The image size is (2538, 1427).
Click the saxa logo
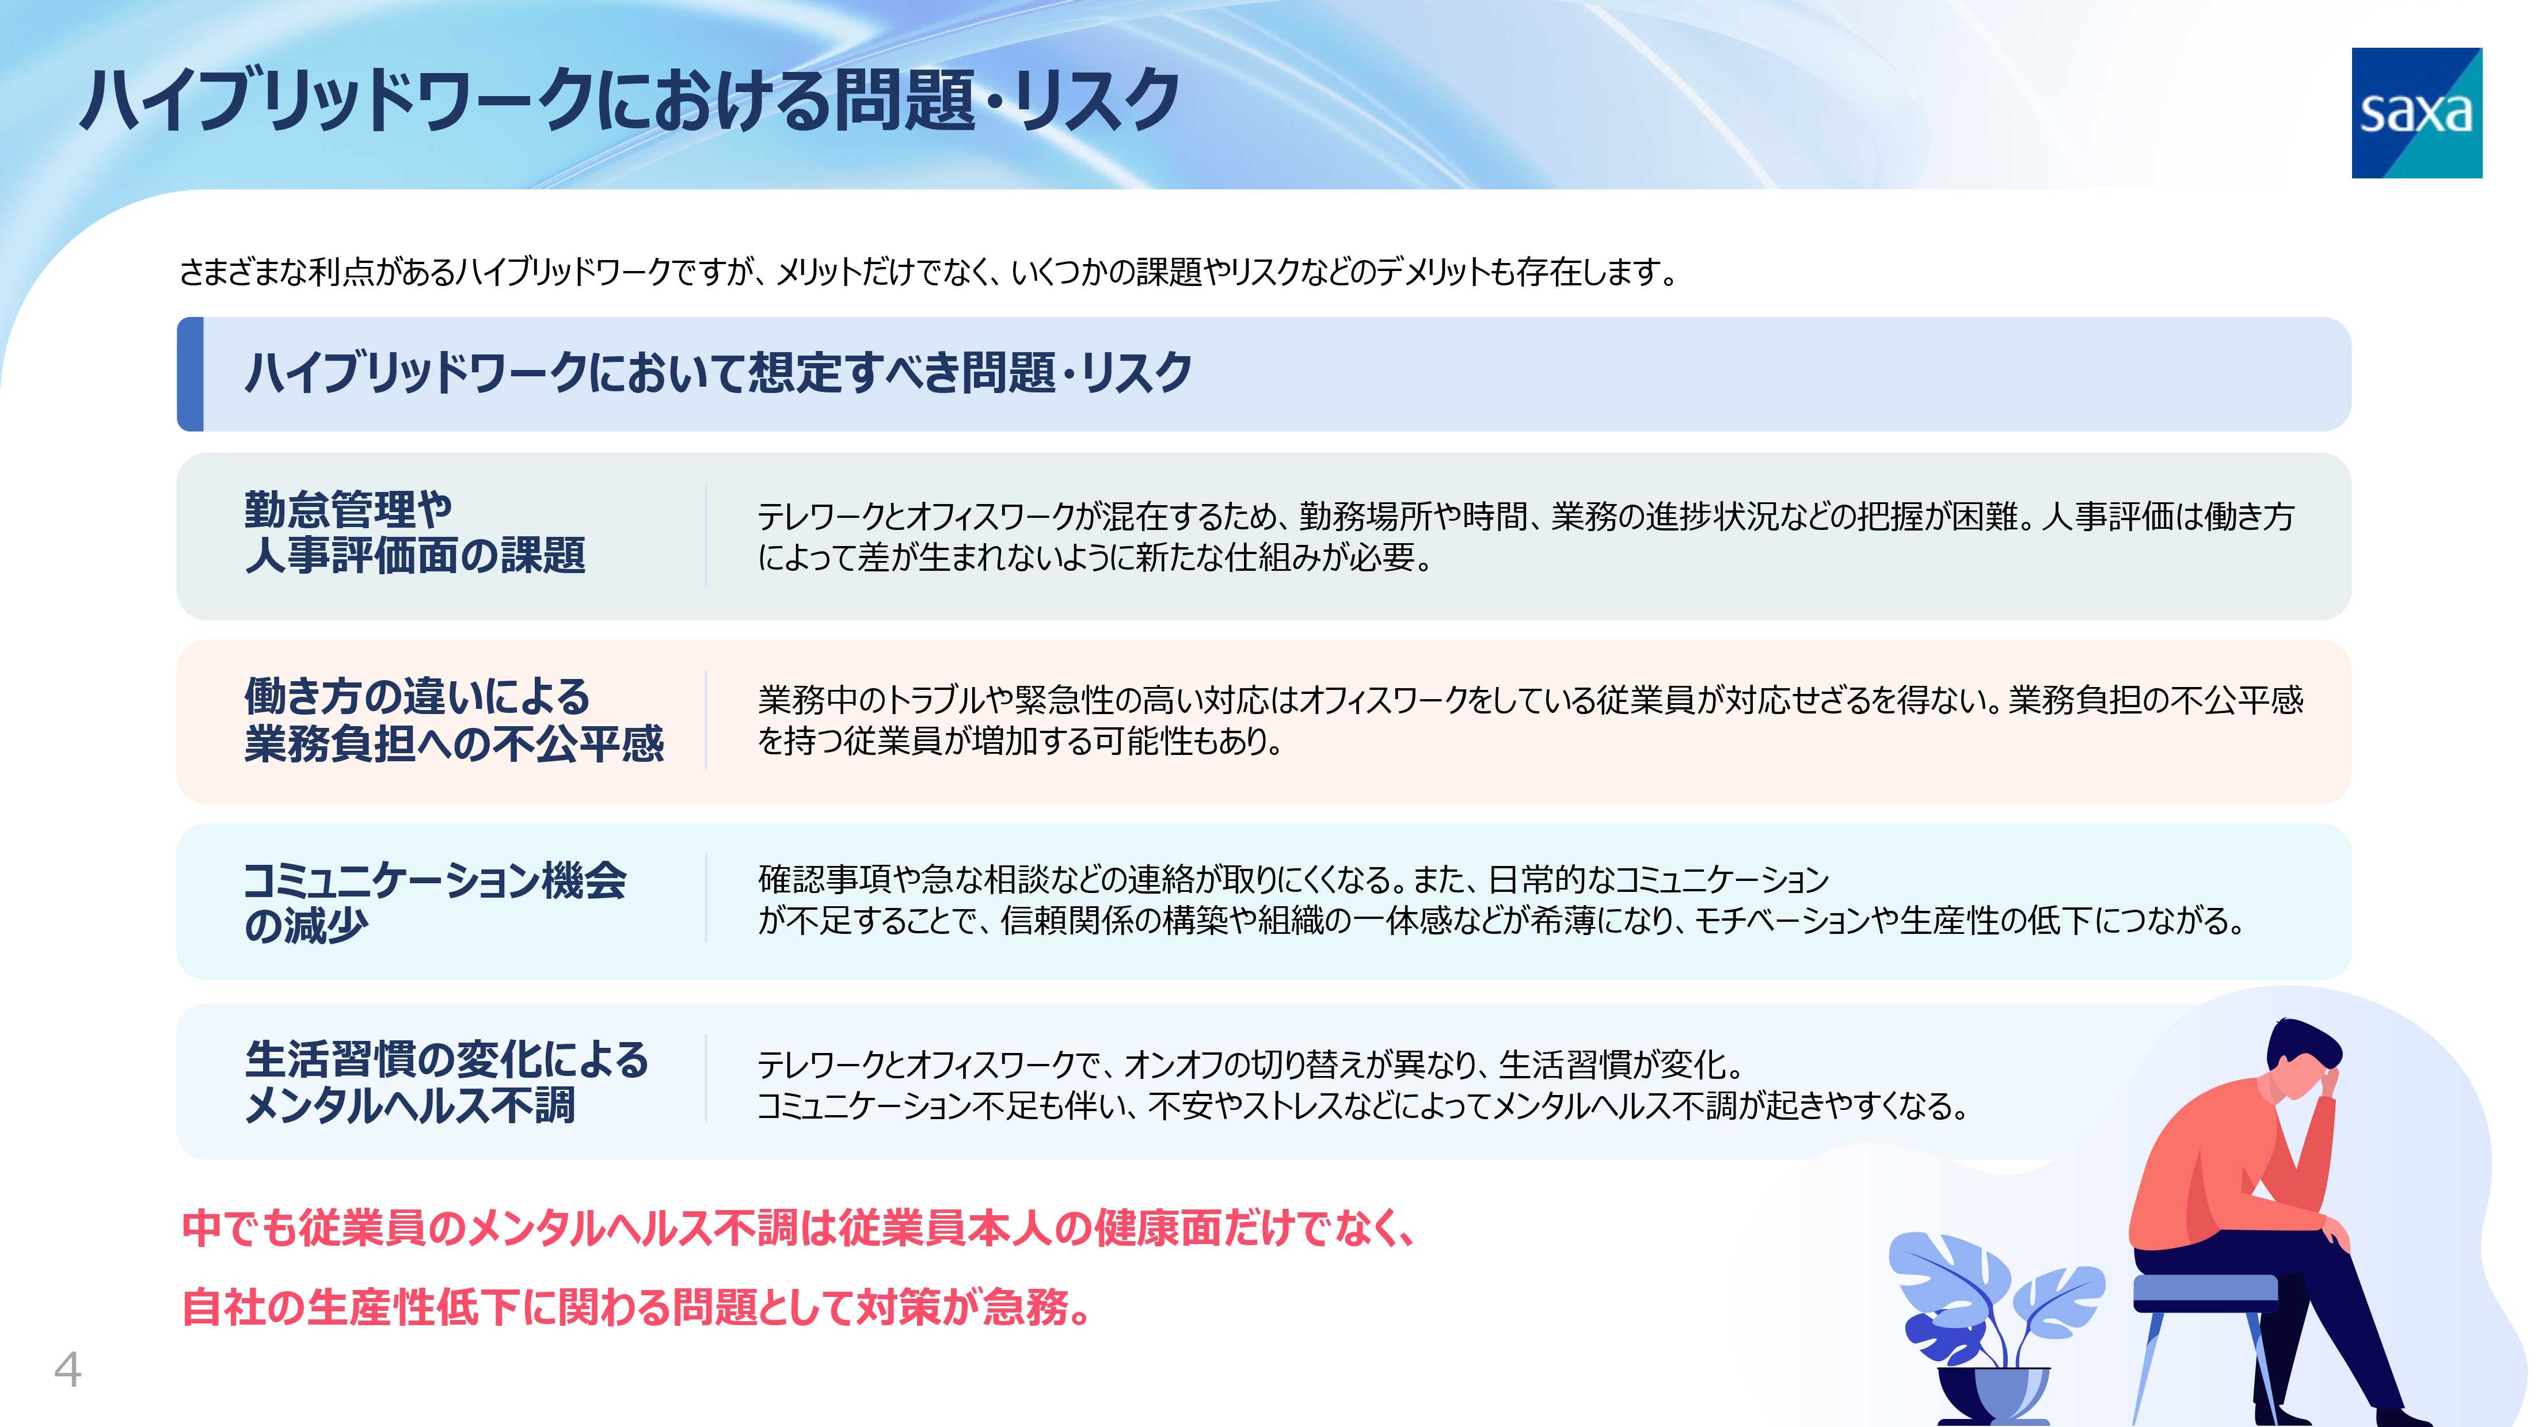pos(2416,113)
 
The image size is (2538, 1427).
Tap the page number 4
pos(67,1369)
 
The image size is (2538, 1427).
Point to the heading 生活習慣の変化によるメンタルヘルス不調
pos(446,1082)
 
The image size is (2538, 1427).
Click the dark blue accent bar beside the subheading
pos(190,374)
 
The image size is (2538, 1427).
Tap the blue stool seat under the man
pos(2205,1292)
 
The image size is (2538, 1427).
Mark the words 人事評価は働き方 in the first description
pos(2167,516)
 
